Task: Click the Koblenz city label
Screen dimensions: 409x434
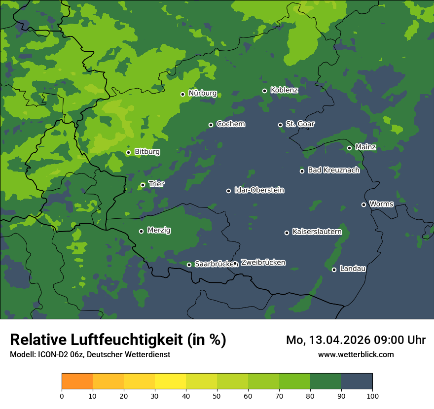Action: click(284, 90)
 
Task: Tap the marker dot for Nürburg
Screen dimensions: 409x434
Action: click(182, 94)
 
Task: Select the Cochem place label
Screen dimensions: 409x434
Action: click(230, 124)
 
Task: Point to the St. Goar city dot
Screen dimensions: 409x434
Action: click(280, 125)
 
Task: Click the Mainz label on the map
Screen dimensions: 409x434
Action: click(365, 147)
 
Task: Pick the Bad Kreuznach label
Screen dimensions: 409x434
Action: click(333, 170)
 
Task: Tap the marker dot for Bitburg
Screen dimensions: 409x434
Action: click(128, 152)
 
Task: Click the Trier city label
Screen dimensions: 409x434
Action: click(156, 184)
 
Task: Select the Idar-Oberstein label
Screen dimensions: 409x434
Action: click(259, 190)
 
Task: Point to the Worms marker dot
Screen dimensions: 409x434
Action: click(363, 204)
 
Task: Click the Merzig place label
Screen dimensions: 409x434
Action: click(159, 231)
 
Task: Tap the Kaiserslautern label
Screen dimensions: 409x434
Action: click(317, 232)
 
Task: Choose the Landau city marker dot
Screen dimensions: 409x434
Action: click(334, 270)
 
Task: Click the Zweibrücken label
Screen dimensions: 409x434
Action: click(263, 263)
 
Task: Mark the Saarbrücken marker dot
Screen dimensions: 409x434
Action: click(189, 265)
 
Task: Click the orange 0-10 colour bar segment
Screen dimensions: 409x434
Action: click(77, 381)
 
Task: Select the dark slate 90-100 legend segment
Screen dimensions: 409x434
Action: click(357, 381)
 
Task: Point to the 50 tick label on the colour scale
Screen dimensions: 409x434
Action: click(217, 395)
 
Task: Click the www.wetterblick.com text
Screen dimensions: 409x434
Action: click(356, 354)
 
